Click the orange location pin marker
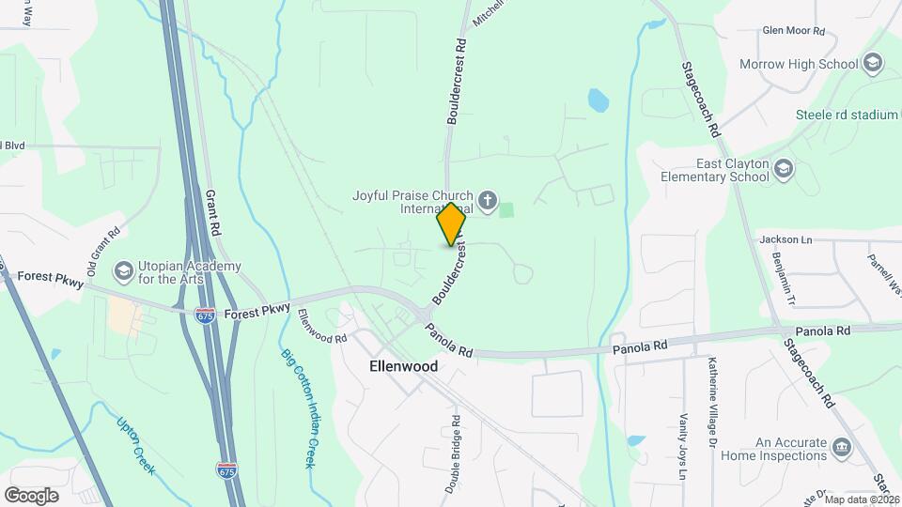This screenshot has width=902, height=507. (x=451, y=224)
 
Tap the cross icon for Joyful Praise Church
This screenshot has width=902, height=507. (x=487, y=199)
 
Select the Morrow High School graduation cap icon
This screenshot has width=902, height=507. (x=873, y=64)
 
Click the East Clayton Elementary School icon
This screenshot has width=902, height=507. (x=784, y=169)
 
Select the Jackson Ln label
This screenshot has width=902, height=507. (x=785, y=239)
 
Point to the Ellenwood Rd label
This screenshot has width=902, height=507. (x=323, y=326)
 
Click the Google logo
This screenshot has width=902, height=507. (x=31, y=495)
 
